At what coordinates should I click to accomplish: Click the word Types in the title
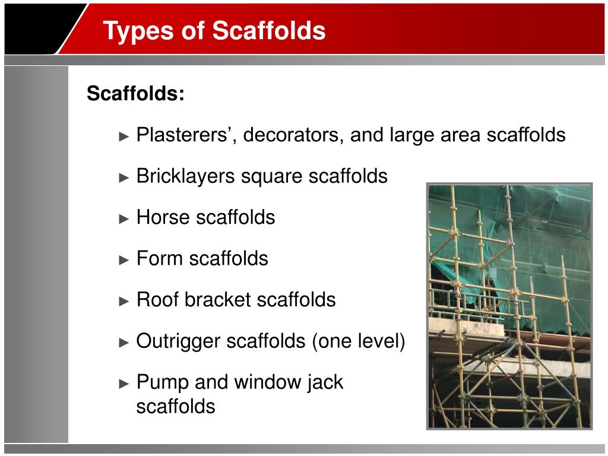coord(138,31)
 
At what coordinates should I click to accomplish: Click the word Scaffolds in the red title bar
coord(269,30)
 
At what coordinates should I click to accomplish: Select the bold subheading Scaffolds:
coord(135,93)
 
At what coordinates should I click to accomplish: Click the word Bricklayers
coord(186,176)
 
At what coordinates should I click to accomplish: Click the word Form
coord(159,258)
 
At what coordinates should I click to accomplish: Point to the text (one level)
coord(358,341)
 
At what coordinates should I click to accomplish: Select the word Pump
coord(163,383)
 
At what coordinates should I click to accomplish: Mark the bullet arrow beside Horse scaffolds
coord(123,218)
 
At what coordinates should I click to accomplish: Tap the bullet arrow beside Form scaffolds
coord(123,260)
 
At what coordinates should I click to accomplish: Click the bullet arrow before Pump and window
coord(123,384)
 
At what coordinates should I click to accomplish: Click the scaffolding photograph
coord(509,306)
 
